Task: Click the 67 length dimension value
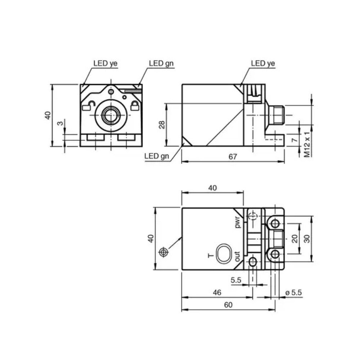pyautogui.click(x=233, y=157)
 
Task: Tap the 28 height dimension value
pyautogui.click(x=162, y=125)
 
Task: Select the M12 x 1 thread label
pyautogui.click(x=307, y=144)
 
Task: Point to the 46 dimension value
pyautogui.click(x=217, y=292)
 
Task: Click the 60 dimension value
pyautogui.click(x=228, y=305)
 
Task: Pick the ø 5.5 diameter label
pyautogui.click(x=294, y=292)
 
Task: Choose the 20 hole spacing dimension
pyautogui.click(x=295, y=239)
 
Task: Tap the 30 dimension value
pyautogui.click(x=307, y=239)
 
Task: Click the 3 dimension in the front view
pyautogui.click(x=60, y=123)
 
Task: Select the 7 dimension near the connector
pyautogui.click(x=294, y=139)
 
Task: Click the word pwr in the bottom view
pyautogui.click(x=238, y=222)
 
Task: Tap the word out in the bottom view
pyautogui.click(x=237, y=256)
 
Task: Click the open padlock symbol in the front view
pyautogui.click(x=89, y=106)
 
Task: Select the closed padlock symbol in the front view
pyautogui.click(x=135, y=106)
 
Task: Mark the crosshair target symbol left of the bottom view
pyautogui.click(x=163, y=252)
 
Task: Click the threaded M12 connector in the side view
pyautogui.click(x=279, y=115)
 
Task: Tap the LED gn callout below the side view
pyautogui.click(x=157, y=156)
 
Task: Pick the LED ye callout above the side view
pyautogui.click(x=263, y=63)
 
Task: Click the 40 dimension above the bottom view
pyautogui.click(x=212, y=188)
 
